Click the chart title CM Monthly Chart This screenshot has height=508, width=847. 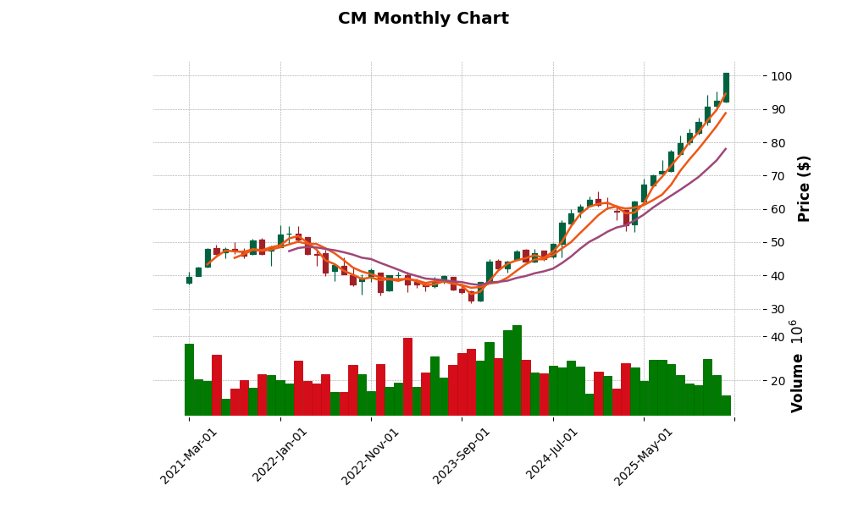click(x=423, y=19)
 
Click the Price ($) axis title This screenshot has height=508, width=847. click(x=804, y=188)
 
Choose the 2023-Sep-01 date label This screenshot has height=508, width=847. click(x=462, y=456)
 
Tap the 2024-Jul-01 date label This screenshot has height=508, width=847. click(x=553, y=456)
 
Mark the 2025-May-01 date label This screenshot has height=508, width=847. click(x=644, y=456)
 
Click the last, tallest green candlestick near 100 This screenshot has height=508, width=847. click(x=726, y=87)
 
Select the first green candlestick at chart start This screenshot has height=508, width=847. click(x=189, y=280)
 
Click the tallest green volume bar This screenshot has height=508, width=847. click(x=517, y=370)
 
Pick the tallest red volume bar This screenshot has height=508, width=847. click(x=407, y=376)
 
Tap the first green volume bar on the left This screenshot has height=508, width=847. click(x=189, y=379)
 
